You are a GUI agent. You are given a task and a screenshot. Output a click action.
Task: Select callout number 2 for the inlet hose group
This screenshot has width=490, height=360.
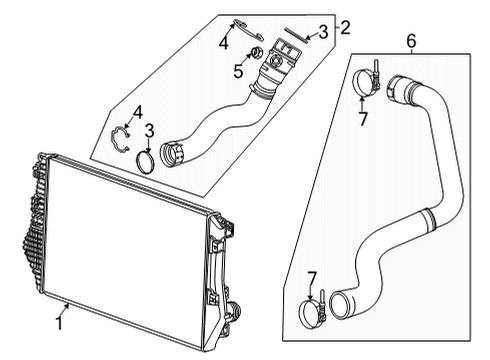[x=345, y=27]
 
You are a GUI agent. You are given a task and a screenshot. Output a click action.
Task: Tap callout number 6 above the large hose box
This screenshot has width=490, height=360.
[x=410, y=41]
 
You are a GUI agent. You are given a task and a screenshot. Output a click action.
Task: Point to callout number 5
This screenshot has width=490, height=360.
[x=237, y=71]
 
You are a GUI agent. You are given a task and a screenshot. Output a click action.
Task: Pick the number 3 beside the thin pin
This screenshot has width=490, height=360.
[x=323, y=32]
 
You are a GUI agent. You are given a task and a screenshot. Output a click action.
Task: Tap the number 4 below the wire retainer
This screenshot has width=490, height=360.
[x=224, y=43]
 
